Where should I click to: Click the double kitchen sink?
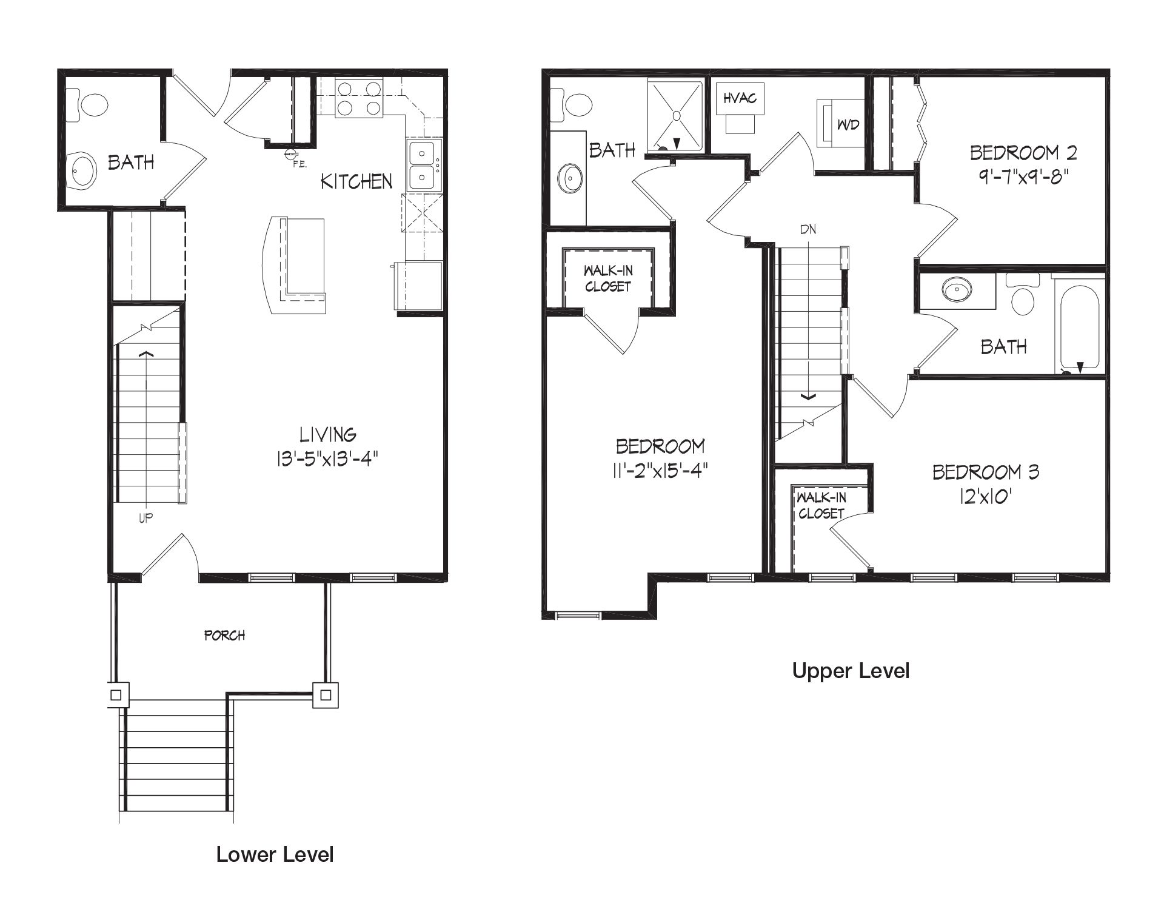coord(422,165)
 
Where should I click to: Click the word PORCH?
coord(224,636)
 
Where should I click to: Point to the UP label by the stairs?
coord(145,517)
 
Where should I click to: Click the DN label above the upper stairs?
coord(808,229)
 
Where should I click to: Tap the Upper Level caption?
coord(851,671)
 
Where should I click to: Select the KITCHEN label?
coord(356,181)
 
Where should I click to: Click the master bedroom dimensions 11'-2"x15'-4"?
coord(660,471)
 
